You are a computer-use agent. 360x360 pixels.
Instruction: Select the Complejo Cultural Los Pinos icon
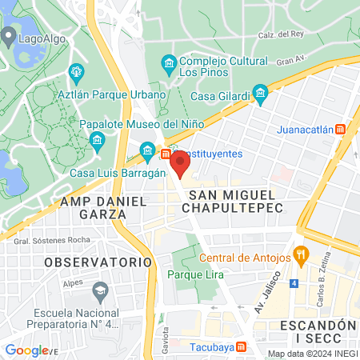pos(169,62)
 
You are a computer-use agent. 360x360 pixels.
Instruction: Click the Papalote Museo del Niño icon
pos(98,142)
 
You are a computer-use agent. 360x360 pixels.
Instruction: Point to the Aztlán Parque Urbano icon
pos(77,72)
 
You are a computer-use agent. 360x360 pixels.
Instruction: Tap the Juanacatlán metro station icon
pos(341,129)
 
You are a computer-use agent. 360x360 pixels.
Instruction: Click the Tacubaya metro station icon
pos(243,347)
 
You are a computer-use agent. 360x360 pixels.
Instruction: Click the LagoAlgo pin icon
pos(9,36)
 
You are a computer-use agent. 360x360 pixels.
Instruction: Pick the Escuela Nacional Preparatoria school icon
pos(99,289)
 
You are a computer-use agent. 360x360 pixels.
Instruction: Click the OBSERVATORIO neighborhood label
pos(98,262)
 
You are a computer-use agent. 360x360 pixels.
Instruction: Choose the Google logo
pos(26,350)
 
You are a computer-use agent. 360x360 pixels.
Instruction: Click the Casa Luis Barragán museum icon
pos(147,150)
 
